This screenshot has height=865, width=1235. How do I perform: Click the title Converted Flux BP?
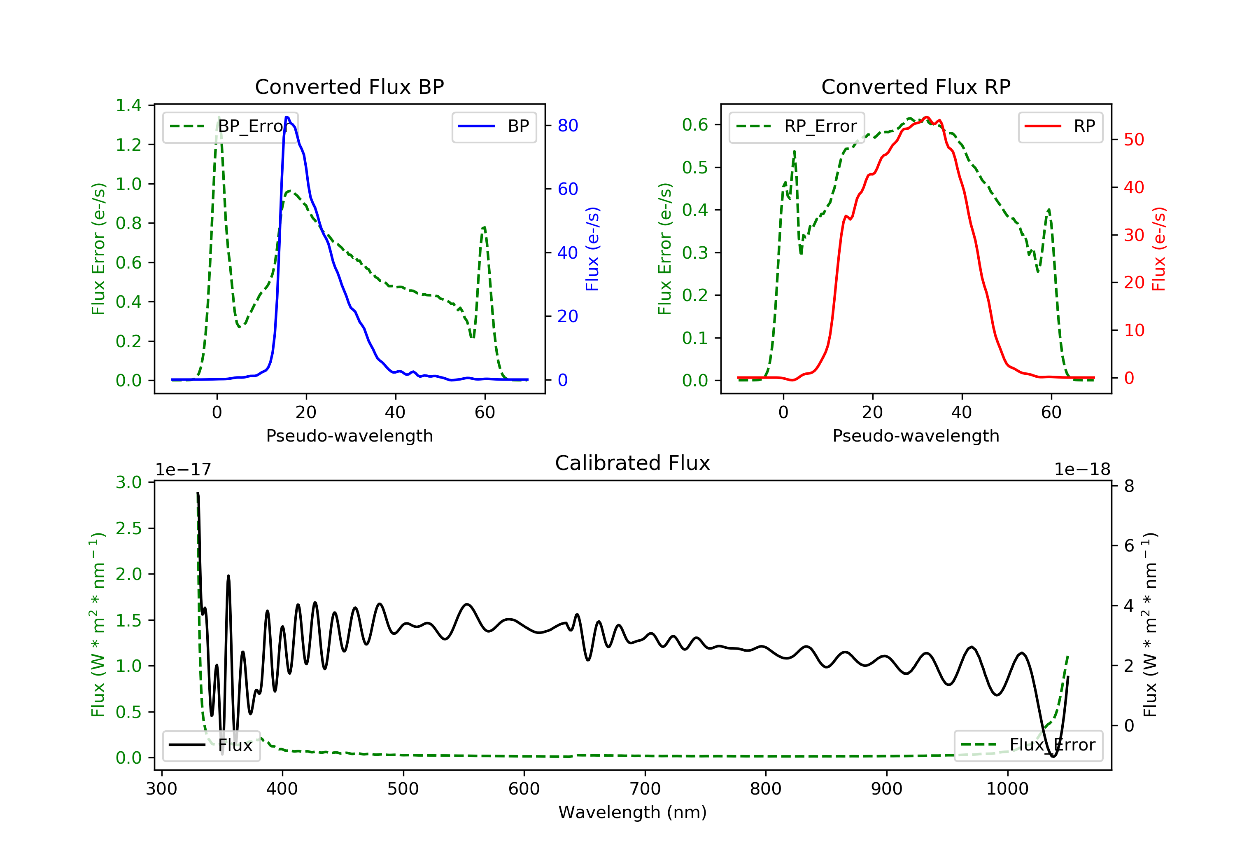click(350, 86)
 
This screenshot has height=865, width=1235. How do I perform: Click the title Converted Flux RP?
click(916, 86)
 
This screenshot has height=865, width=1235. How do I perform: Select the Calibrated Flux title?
click(633, 463)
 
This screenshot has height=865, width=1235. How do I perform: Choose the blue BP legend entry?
click(494, 126)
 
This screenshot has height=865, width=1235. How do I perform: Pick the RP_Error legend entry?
click(797, 126)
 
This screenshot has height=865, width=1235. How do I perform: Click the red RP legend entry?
click(1060, 126)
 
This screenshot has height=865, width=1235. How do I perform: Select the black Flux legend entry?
click(211, 745)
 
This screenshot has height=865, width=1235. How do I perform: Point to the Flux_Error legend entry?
click(1028, 745)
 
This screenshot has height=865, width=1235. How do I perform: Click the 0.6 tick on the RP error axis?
click(695, 125)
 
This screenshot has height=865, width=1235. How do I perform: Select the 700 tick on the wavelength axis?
click(645, 789)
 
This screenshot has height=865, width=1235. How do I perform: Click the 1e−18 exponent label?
click(1082, 470)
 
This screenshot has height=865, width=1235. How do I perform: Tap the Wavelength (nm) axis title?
click(633, 812)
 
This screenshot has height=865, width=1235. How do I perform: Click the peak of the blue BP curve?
click(287, 117)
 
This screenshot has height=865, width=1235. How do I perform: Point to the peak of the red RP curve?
click(926, 117)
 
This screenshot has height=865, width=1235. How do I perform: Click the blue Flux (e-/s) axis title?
click(593, 249)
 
